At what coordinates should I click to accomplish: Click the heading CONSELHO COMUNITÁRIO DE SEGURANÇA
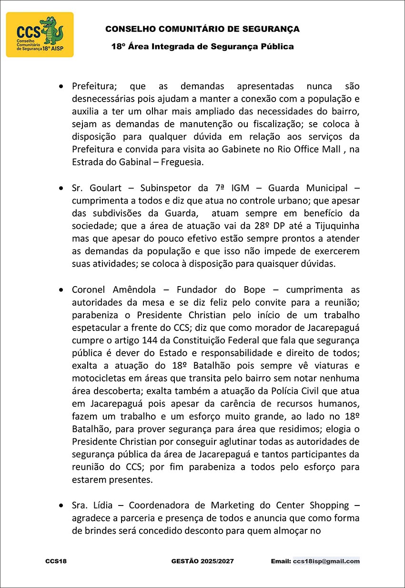[x=202, y=29]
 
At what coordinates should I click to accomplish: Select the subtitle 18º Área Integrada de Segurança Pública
[x=202, y=47]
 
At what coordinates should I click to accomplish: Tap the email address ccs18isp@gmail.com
[x=326, y=561]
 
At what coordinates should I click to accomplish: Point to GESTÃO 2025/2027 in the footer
[x=202, y=561]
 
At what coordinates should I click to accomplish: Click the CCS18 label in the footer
[x=56, y=561]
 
